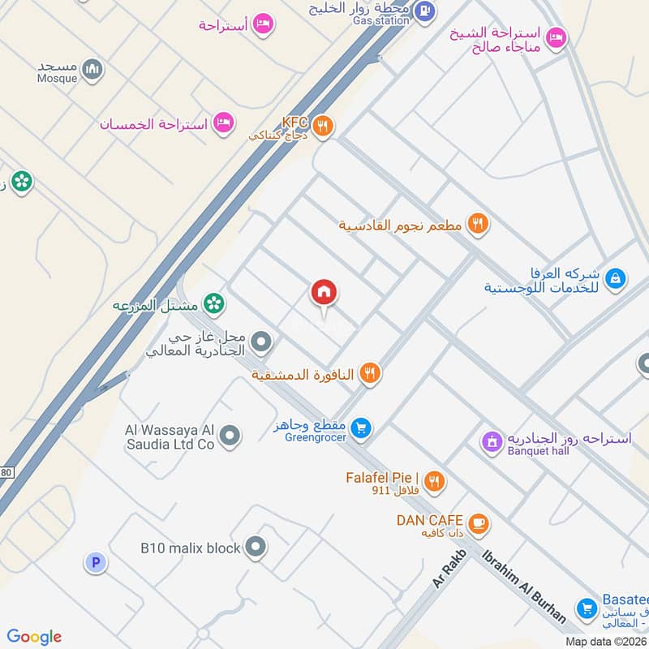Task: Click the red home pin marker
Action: pos(324,294)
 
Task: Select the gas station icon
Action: pos(423,11)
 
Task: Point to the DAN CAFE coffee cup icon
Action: pos(479,523)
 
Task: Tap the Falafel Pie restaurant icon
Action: pos(435,481)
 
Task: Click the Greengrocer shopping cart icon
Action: pos(362,428)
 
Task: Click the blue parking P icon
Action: pos(96,562)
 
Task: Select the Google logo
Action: pos(34,637)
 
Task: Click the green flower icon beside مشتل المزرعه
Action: pos(214,304)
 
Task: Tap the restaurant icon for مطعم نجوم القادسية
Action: pos(479,225)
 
